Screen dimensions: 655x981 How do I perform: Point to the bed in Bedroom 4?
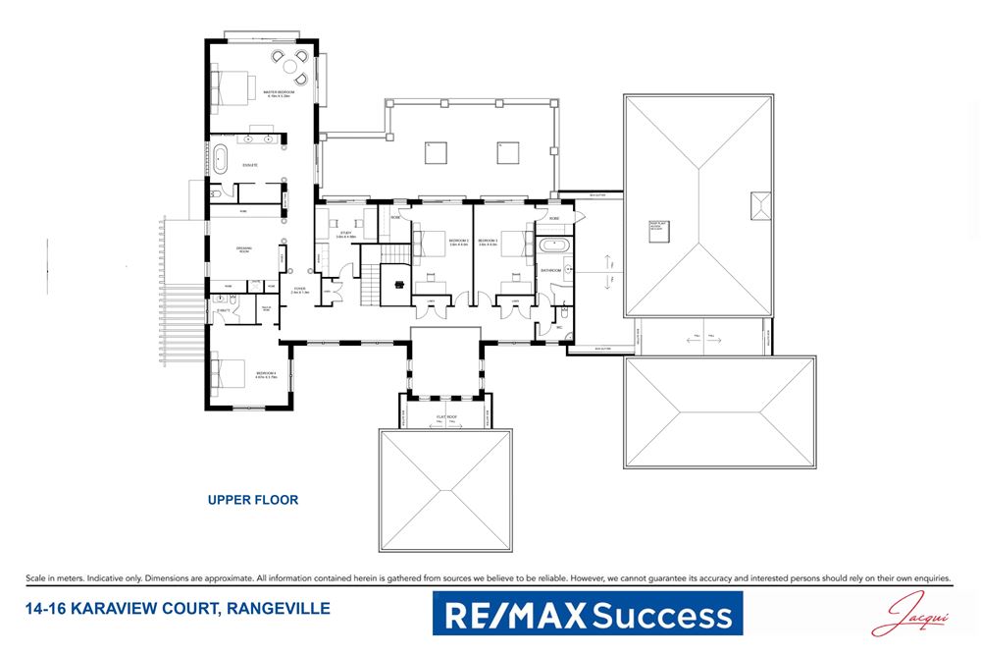(229, 373)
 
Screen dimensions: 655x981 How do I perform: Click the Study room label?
(345, 235)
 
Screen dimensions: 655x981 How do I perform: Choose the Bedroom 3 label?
(489, 241)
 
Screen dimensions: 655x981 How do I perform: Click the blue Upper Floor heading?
(252, 500)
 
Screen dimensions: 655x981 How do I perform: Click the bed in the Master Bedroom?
(232, 90)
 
